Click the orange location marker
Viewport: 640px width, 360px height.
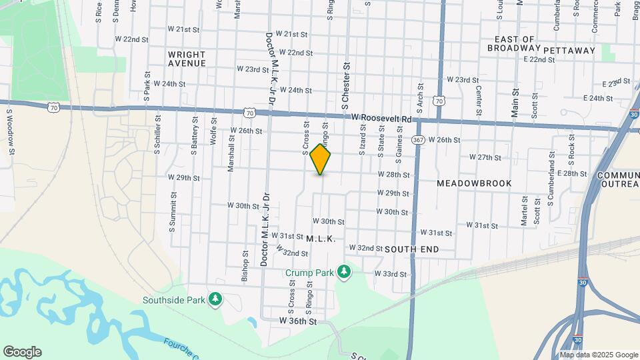click(x=321, y=159)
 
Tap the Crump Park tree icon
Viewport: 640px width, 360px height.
click(x=343, y=272)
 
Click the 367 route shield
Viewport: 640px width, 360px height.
click(x=418, y=140)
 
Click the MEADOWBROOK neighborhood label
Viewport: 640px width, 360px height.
click(x=474, y=183)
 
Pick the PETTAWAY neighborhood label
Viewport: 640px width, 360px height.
click(x=569, y=50)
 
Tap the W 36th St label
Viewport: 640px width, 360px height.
click(x=297, y=321)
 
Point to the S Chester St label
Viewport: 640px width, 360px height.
click(x=346, y=86)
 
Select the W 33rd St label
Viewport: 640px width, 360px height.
click(x=390, y=273)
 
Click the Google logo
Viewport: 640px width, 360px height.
click(x=22, y=352)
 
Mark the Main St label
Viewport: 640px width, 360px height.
click(x=515, y=102)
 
